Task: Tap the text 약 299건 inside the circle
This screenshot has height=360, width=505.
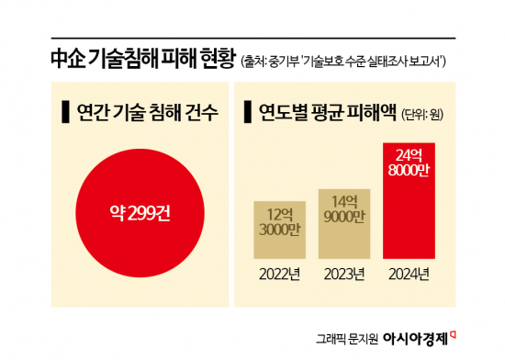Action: [137, 218]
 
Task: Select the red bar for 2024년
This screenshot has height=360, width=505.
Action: [410, 201]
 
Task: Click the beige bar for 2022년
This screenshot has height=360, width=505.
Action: [278, 231]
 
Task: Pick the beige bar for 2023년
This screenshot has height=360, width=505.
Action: [344, 224]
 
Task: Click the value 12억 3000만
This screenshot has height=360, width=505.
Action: [278, 221]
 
